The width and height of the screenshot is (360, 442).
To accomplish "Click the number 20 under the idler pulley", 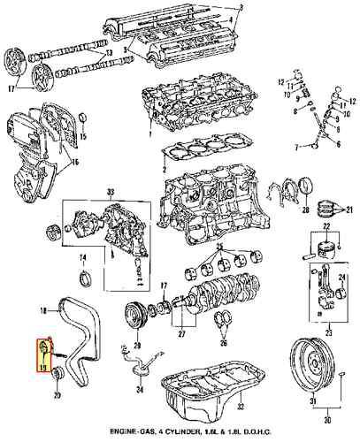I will [x=58, y=394].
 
